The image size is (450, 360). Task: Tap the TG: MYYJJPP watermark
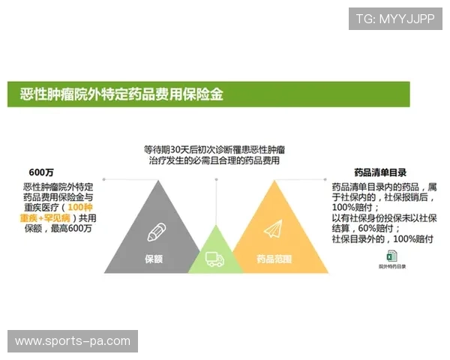[x=394, y=19]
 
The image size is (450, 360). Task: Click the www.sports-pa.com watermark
[x=72, y=341]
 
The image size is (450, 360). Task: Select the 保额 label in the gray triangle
[x=154, y=259]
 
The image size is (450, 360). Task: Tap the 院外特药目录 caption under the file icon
[x=391, y=266]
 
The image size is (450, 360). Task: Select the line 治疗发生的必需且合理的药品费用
[x=214, y=160]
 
